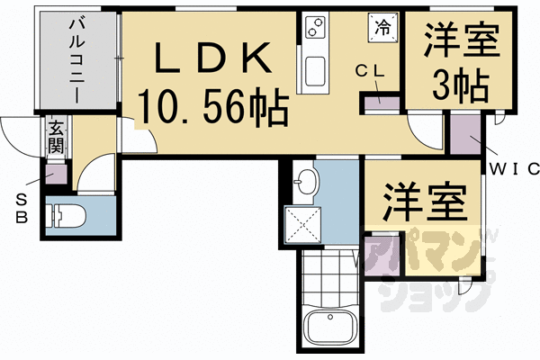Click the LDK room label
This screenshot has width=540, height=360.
pyautogui.click(x=214, y=59)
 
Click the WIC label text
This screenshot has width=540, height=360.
pyautogui.click(x=513, y=168)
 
